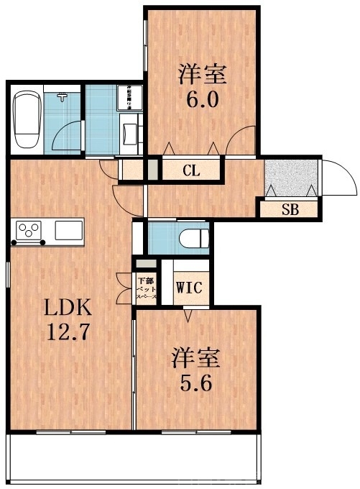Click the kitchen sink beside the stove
point(69,231)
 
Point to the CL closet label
point(190,170)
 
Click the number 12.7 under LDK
point(69,335)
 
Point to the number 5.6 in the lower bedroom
point(195,382)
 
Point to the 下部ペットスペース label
point(146,287)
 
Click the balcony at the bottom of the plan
point(137,460)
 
